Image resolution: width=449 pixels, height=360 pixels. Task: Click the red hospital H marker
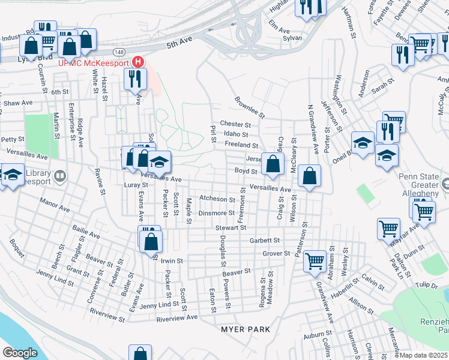[x=139, y=62]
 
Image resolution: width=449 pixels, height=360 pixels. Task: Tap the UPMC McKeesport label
[x=94, y=62]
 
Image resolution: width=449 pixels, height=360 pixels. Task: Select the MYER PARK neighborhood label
[x=245, y=329]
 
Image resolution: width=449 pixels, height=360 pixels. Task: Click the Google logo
[x=20, y=352]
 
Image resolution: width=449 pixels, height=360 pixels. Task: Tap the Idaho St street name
[x=236, y=134]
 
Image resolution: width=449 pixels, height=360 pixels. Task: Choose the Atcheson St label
[x=217, y=199]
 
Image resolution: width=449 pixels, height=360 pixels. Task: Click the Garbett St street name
[x=265, y=240]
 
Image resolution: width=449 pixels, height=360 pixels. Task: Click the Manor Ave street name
[x=55, y=208]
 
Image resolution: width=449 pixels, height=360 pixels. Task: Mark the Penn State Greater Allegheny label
[x=423, y=185]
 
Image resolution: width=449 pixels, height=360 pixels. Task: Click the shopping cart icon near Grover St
[x=315, y=261]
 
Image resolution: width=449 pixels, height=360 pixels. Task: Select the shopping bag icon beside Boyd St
[x=273, y=164]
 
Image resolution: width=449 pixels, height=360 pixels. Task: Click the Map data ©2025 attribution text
[x=423, y=355]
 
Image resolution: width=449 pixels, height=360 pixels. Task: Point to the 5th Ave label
[x=179, y=43]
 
